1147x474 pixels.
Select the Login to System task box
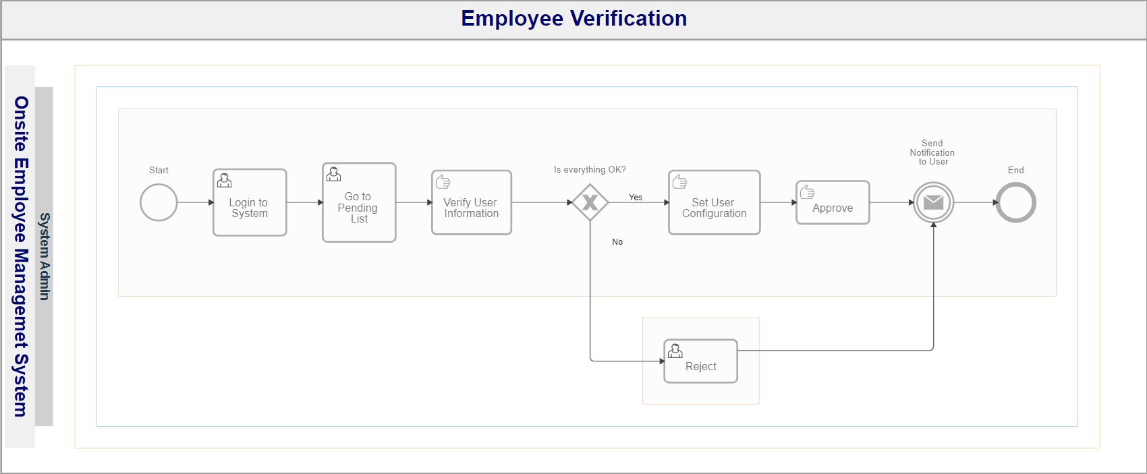(250, 203)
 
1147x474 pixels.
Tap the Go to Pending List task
(359, 203)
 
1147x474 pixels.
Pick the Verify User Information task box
(472, 203)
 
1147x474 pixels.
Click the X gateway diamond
(590, 203)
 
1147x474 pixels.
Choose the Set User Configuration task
(715, 203)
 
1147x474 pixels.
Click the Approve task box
(833, 203)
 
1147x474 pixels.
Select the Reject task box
(700, 361)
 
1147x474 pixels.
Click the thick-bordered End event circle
(1016, 183)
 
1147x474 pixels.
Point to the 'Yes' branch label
(636, 197)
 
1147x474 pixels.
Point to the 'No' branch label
(617, 241)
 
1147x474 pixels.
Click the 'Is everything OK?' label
(590, 169)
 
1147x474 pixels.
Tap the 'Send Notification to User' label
(932, 152)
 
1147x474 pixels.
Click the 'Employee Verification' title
(574, 18)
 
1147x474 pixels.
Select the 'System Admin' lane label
(45, 256)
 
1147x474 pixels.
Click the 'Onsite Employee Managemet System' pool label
(21, 256)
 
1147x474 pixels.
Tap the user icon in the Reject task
(675, 351)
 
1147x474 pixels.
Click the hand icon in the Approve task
(808, 192)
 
